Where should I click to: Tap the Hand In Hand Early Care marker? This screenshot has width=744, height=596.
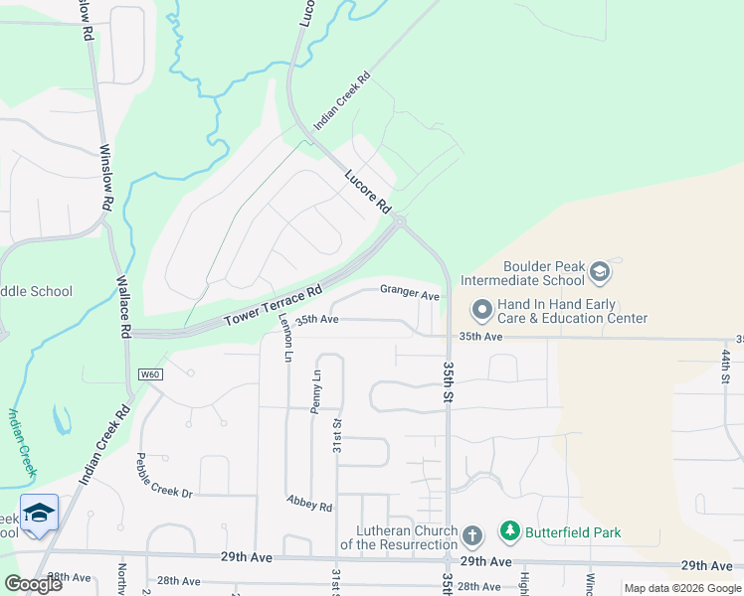coord(481,310)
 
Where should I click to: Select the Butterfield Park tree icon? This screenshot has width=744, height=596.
coord(510,532)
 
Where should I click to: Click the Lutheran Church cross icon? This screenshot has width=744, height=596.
coord(471,537)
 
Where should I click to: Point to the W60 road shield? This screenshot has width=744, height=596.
coord(150,374)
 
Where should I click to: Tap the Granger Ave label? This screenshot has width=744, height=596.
coord(409,294)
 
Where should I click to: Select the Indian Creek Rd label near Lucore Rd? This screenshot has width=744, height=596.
coord(341,100)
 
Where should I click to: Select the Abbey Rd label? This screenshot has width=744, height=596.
coord(308,504)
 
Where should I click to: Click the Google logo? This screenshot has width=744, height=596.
coord(33,584)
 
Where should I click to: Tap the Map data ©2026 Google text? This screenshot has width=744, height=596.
coord(681,588)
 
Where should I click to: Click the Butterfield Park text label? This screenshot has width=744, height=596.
coord(575,532)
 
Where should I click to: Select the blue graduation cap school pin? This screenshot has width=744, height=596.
coord(39,514)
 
